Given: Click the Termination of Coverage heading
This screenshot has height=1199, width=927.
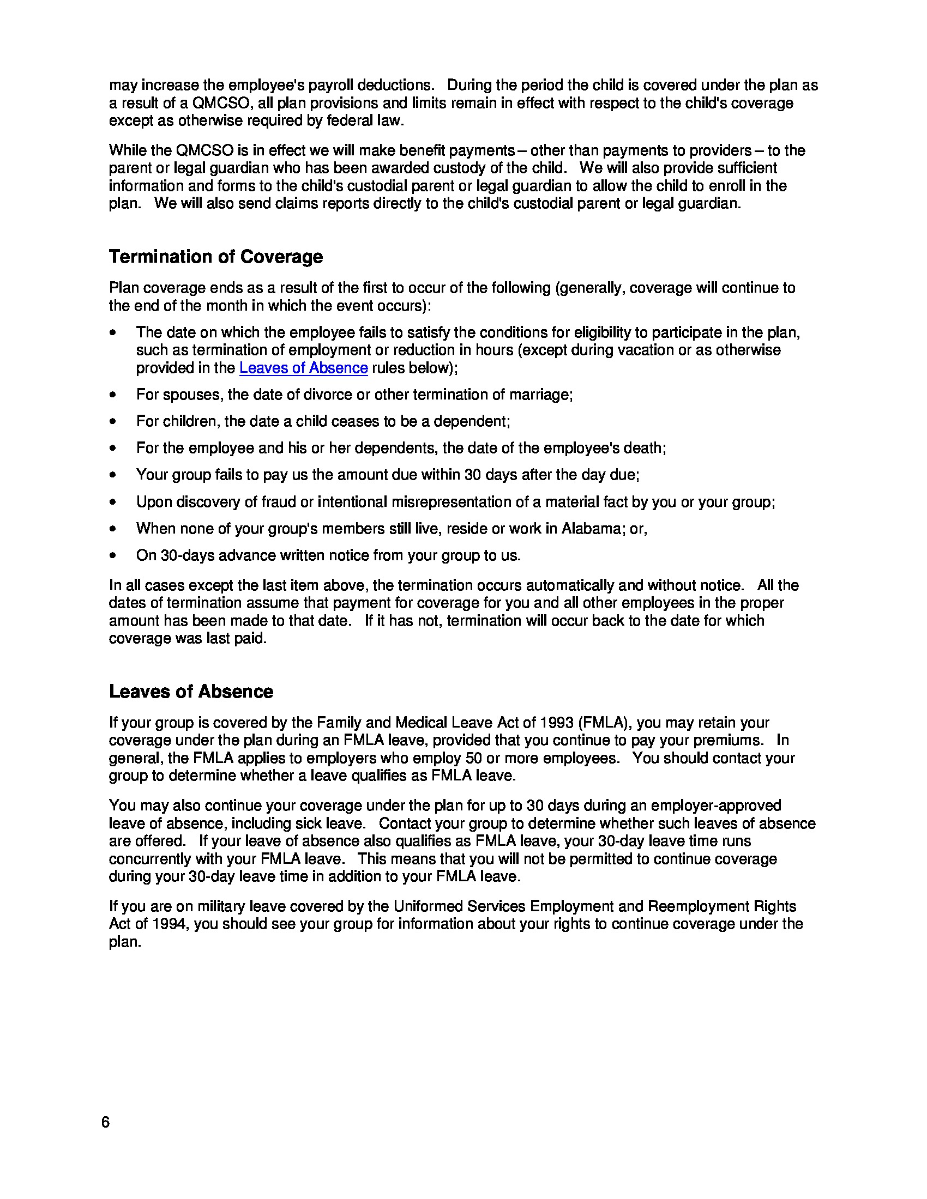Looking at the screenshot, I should coord(216,256).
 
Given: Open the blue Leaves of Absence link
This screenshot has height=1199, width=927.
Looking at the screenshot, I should coord(303,368).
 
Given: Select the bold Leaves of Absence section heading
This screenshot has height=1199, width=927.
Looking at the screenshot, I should coord(190,691).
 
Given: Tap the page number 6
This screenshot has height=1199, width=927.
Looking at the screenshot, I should coord(105,1122).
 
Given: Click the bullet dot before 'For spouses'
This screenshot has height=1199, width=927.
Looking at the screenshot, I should coord(113,395).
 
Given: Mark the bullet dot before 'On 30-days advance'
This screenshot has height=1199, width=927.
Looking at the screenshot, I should coord(113,555).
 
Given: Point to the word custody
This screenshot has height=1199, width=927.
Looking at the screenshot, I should coord(492,168).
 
